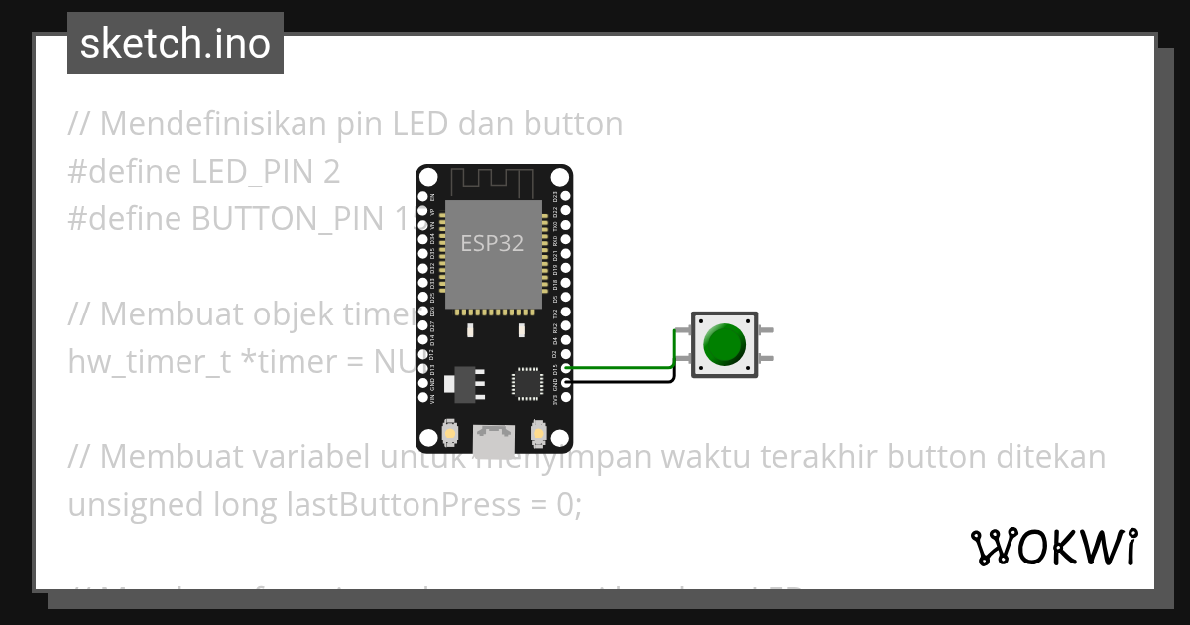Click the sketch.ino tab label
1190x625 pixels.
coord(176,44)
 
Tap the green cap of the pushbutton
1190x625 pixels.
coord(724,342)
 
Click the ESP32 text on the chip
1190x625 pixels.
coord(492,243)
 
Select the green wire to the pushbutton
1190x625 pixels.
coord(625,366)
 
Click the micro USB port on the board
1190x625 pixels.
coord(495,436)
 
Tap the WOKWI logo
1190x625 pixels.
coord(1054,547)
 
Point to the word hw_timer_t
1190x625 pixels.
coord(149,362)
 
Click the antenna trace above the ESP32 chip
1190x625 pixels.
coord(492,182)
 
